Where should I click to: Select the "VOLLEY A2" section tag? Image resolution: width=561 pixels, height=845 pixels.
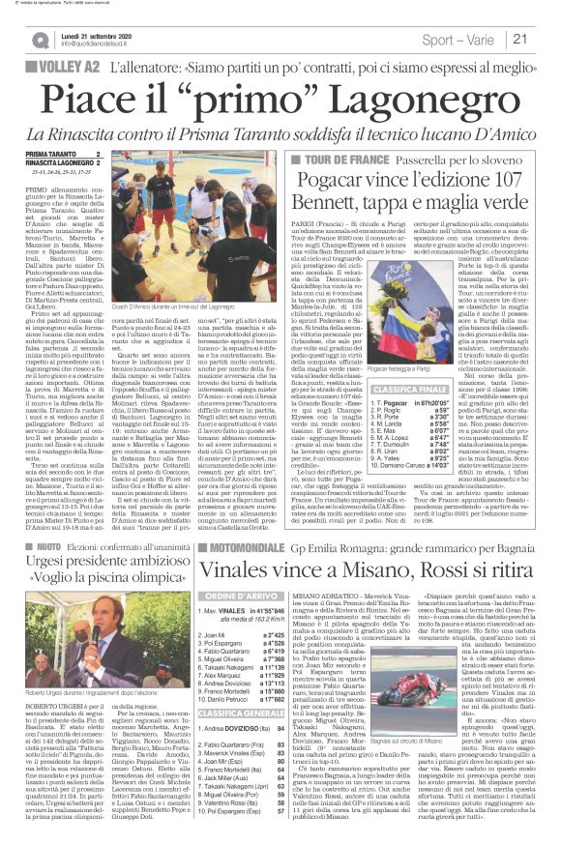tap(61, 68)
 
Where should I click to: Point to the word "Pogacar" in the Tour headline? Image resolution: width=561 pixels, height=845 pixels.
tap(339, 181)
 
